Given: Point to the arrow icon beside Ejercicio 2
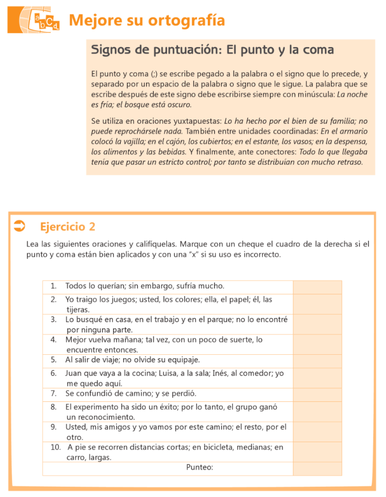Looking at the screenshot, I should (x=19, y=226).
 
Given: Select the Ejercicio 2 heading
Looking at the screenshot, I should (x=67, y=226).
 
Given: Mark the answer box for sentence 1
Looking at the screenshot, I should (x=317, y=287).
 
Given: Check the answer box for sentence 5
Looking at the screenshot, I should (x=317, y=361).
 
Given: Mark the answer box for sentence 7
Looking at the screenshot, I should (x=317, y=394).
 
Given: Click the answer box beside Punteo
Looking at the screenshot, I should (x=317, y=468).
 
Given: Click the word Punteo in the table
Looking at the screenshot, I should (x=199, y=468).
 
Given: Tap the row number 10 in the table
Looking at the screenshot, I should (x=55, y=447).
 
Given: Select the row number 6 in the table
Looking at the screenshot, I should (x=53, y=374).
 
